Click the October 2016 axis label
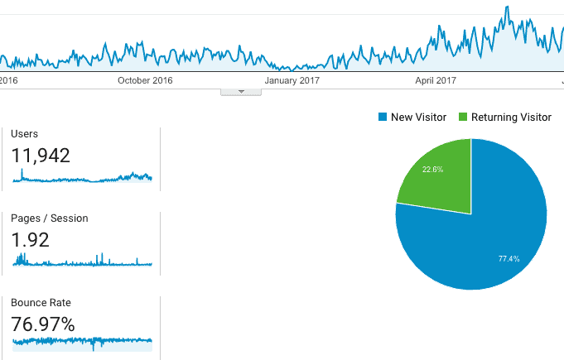[145, 80]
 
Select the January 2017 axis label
[292, 80]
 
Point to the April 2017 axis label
[436, 80]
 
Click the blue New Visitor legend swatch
[382, 118]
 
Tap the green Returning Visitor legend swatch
[462, 118]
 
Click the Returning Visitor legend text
[511, 118]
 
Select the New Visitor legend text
[419, 118]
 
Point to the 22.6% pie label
[432, 169]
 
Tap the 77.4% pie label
[509, 259]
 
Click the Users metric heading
[25, 134]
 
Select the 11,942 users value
[41, 155]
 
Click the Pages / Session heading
[50, 218]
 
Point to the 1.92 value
[31, 240]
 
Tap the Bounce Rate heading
[37, 303]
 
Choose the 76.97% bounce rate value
[43, 324]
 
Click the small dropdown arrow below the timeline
[241, 92]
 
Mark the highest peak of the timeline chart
[506, 7]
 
